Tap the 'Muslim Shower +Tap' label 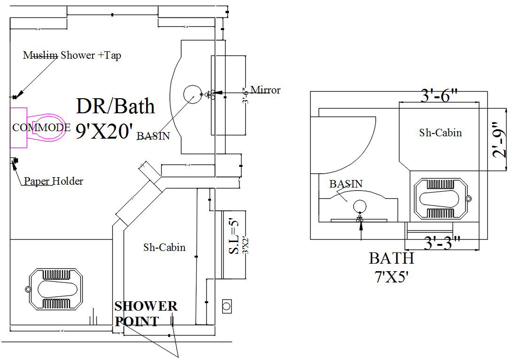point(72,55)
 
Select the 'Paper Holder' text point(54,181)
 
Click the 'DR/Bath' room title point(115,106)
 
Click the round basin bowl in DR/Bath point(191,94)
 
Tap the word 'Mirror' point(265,90)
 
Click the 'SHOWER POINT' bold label point(146,313)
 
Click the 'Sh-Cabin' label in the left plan point(164,247)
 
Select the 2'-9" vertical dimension point(499,140)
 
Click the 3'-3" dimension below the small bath point(441,243)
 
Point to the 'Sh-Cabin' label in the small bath point(440,133)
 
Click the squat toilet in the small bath point(441,199)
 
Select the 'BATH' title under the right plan point(391,258)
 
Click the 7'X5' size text point(391,277)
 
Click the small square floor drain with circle point(227,306)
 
